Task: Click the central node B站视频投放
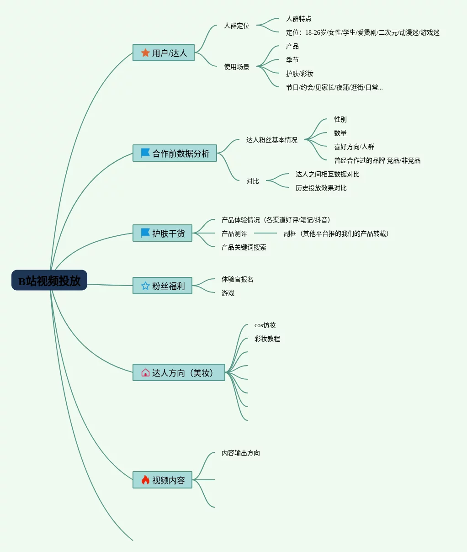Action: pyautogui.click(x=49, y=280)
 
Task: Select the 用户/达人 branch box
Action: pyautogui.click(x=164, y=53)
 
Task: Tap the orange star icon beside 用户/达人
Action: pyautogui.click(x=145, y=53)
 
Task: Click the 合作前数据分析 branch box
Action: pyautogui.click(x=175, y=153)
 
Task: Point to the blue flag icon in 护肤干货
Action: pyautogui.click(x=145, y=233)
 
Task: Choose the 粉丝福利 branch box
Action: pyautogui.click(x=162, y=286)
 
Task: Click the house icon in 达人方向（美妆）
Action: pyautogui.click(x=145, y=372)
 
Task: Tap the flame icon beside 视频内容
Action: pyautogui.click(x=145, y=480)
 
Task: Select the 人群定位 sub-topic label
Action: pyautogui.click(x=237, y=26)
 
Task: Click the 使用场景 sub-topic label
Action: pyautogui.click(x=237, y=67)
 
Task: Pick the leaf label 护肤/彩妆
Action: pyautogui.click(x=300, y=74)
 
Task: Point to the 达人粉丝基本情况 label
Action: pyautogui.click(x=272, y=140)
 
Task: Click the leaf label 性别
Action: pyautogui.click(x=340, y=119)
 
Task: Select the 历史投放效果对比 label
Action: pyautogui.click(x=321, y=188)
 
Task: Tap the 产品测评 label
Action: pyautogui.click(x=234, y=234)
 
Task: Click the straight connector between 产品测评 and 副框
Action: pyautogui.click(x=265, y=233)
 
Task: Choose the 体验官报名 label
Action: pyautogui.click(x=238, y=279)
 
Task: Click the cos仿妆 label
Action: pyautogui.click(x=265, y=325)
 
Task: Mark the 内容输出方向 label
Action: pyautogui.click(x=241, y=453)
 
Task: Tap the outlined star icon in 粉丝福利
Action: pyautogui.click(x=145, y=286)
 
